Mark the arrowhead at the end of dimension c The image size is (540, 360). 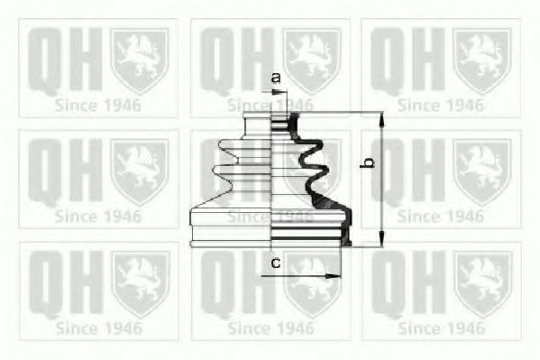pyautogui.click(x=336, y=275)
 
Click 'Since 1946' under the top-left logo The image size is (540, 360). pyautogui.click(x=98, y=106)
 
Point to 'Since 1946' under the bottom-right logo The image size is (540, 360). pyautogui.click(x=441, y=327)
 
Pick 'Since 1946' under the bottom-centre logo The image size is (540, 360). pyautogui.click(x=270, y=327)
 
